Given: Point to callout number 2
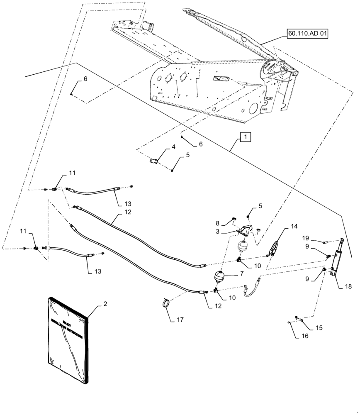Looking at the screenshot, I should [x=105, y=304].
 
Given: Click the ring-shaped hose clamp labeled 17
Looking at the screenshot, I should [x=167, y=303].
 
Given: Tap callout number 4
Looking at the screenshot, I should [x=173, y=147].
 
